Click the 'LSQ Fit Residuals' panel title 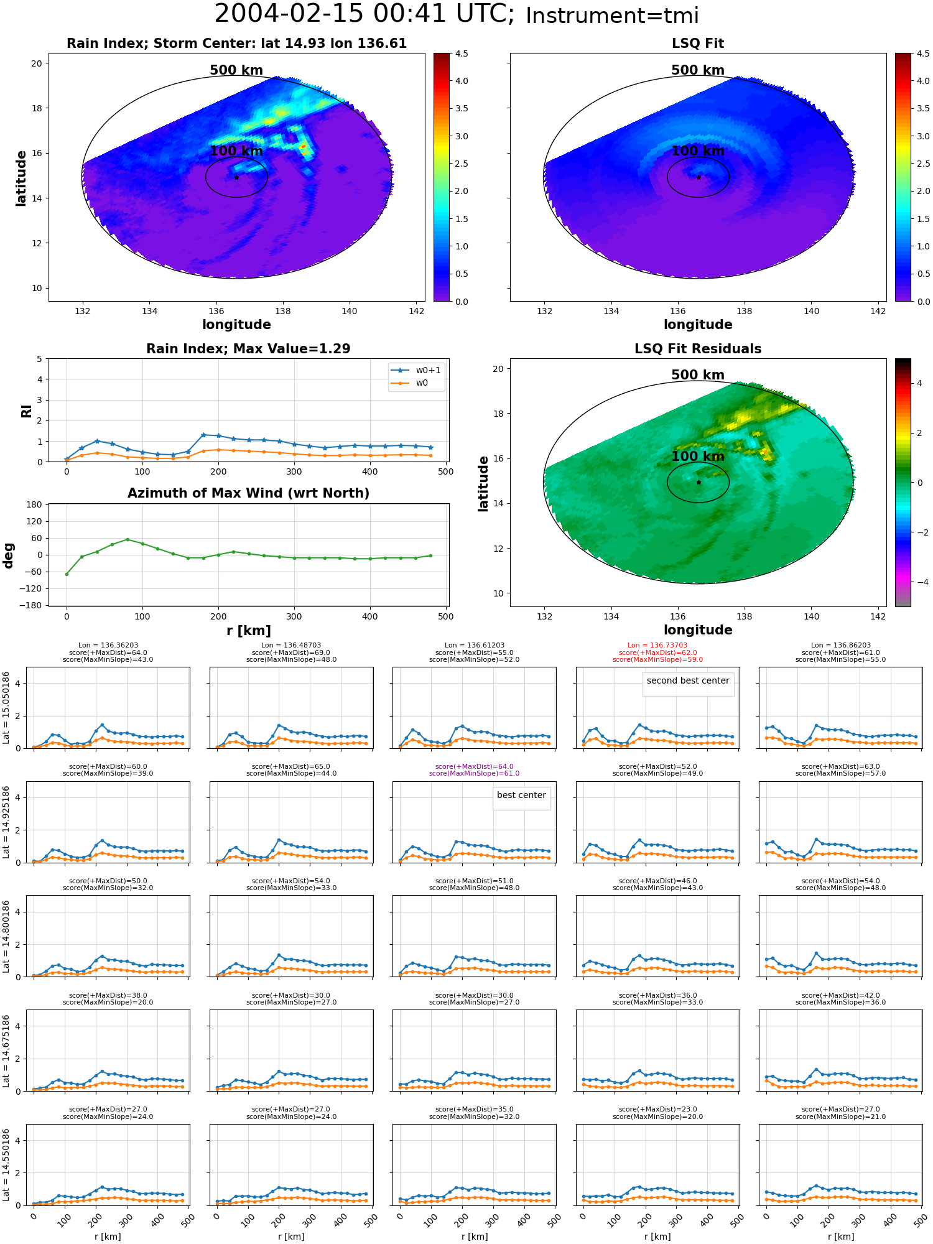coord(698,349)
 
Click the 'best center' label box coord(521,796)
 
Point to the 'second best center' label coord(688,681)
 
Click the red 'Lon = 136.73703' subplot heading coord(657,646)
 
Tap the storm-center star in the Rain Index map coord(237,177)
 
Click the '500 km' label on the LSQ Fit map coord(698,70)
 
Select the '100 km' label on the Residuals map coord(698,457)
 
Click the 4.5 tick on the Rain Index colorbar coord(461,53)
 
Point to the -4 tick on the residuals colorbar coord(919,582)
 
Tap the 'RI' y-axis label coord(26,411)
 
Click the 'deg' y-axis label coord(8,555)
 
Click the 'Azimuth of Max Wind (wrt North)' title coord(248,493)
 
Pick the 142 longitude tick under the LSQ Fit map coord(878,311)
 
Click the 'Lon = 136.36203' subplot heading coord(108,646)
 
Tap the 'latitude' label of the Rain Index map coord(21,178)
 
